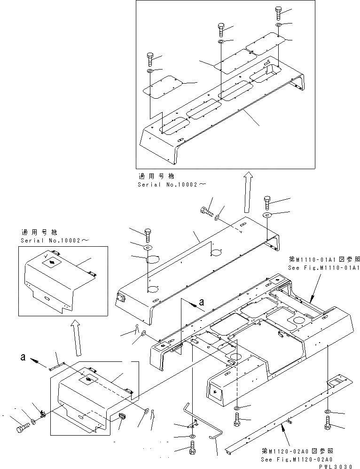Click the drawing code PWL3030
pyautogui.click(x=337, y=465)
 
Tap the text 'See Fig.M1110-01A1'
pyautogui.click(x=324, y=268)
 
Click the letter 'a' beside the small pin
pyautogui.click(x=24, y=358)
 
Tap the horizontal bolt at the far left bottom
pyautogui.click(x=22, y=428)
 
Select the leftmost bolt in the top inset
pyautogui.click(x=149, y=59)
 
